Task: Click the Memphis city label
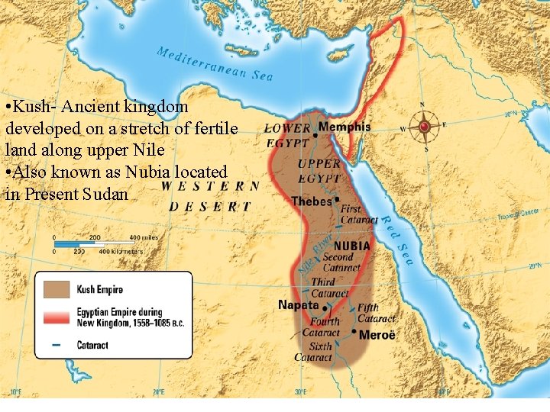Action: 345,127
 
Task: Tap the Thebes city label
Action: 312,201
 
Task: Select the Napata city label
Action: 299,304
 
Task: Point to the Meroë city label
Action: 377,334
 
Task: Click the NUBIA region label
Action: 351,246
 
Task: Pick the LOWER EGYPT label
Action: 288,135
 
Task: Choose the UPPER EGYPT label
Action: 319,171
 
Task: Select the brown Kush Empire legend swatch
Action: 59,290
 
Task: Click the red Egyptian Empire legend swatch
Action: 59,317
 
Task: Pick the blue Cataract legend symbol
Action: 59,345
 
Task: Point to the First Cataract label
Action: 359,214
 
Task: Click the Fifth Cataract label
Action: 376,313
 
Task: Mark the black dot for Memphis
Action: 315,134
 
